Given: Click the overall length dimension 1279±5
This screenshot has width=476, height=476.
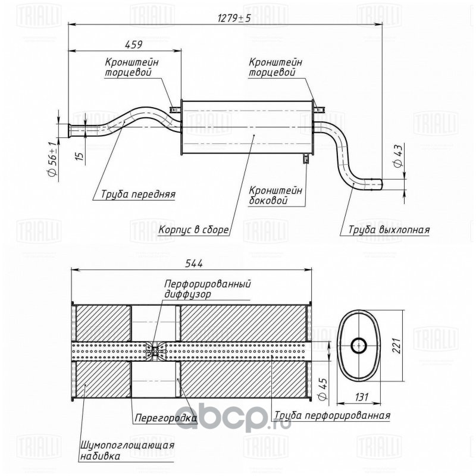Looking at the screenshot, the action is click(x=234, y=18).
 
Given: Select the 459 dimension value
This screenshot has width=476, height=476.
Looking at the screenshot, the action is click(x=133, y=44).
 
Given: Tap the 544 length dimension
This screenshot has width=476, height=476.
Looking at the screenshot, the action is click(x=193, y=264).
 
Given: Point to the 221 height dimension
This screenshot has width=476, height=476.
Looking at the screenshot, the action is click(x=396, y=346).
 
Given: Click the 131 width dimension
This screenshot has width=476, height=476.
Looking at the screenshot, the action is click(x=361, y=397).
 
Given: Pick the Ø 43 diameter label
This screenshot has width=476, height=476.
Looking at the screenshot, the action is click(x=397, y=156).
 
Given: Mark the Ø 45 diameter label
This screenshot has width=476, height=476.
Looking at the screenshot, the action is click(x=322, y=390).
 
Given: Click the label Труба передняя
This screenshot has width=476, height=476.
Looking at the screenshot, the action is click(x=138, y=194).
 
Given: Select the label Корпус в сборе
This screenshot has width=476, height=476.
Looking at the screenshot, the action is click(x=193, y=230).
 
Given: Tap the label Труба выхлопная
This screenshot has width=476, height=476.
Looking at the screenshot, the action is click(x=389, y=230).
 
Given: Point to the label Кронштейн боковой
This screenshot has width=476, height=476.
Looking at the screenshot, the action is click(x=275, y=195).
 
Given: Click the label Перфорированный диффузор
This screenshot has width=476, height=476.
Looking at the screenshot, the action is click(x=207, y=289).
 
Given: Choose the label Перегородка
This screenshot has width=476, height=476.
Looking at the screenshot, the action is click(x=166, y=418).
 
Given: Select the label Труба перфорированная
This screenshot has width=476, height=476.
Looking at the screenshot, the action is click(x=332, y=415).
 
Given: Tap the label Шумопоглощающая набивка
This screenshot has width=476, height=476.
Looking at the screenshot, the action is click(x=127, y=450).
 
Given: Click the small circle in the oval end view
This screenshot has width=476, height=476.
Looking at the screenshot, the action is click(x=359, y=345).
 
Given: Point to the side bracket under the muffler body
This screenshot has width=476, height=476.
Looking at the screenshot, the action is click(x=306, y=158).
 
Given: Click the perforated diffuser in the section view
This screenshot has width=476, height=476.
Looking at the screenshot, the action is click(x=156, y=352).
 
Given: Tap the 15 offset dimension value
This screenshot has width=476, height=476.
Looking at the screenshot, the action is click(x=80, y=156).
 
